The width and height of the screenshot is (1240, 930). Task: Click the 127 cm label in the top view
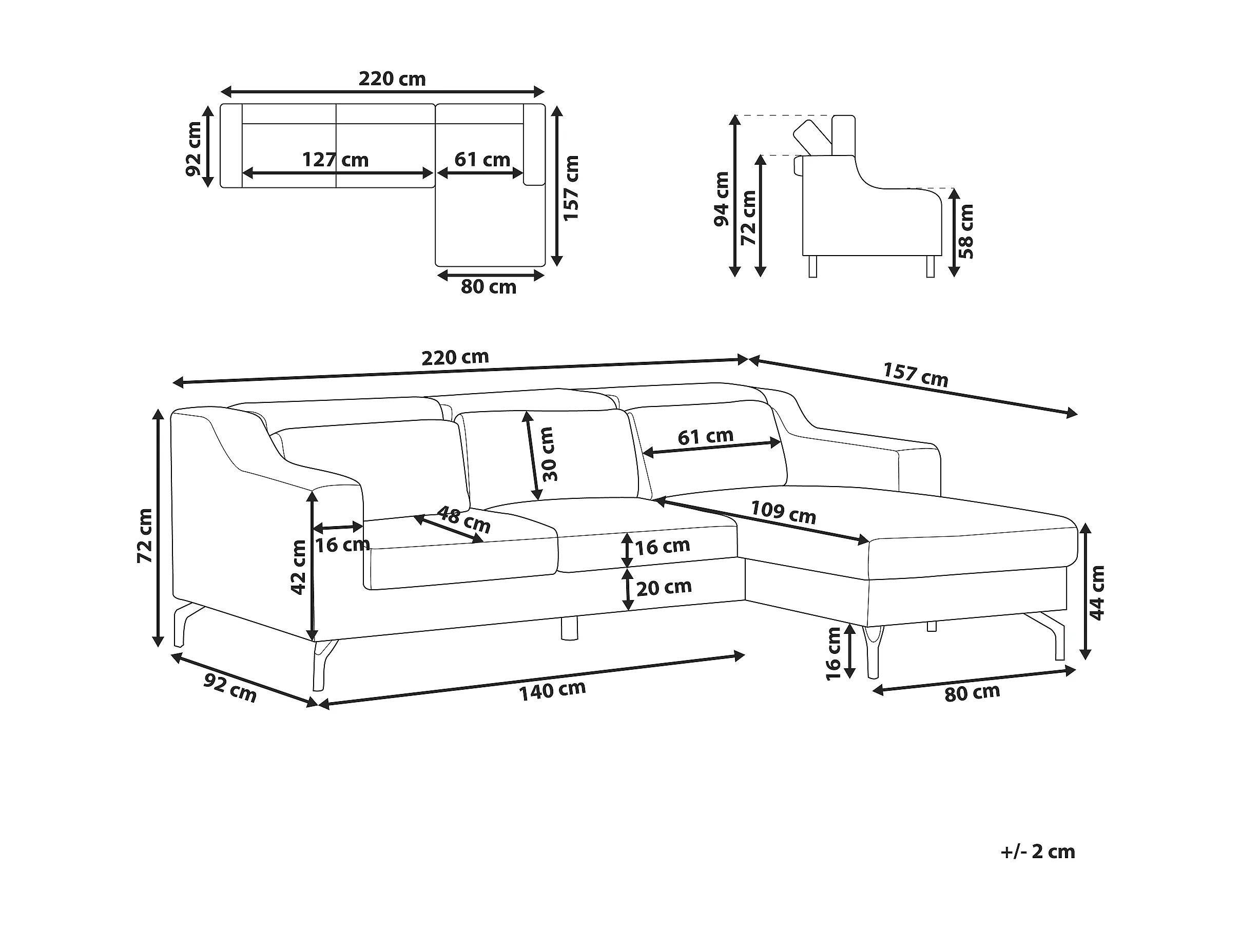pyautogui.click(x=335, y=160)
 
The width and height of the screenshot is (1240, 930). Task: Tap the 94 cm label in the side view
pyautogui.click(x=722, y=200)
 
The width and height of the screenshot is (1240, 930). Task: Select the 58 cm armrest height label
pyautogui.click(x=966, y=231)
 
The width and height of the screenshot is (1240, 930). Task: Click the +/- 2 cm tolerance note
pyautogui.click(x=1038, y=852)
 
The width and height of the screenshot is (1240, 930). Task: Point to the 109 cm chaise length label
pyautogui.click(x=783, y=512)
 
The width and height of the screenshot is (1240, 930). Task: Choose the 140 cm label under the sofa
pyautogui.click(x=552, y=691)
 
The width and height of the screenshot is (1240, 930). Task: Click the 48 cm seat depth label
pyautogui.click(x=463, y=519)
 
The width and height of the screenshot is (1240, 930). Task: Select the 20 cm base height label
pyautogui.click(x=664, y=587)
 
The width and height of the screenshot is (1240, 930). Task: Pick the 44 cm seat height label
pyautogui.click(x=1096, y=593)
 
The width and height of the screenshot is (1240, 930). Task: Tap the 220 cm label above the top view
pyautogui.click(x=392, y=79)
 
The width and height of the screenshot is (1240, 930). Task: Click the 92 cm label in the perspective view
pyautogui.click(x=230, y=688)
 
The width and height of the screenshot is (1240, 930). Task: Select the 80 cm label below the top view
pyautogui.click(x=488, y=287)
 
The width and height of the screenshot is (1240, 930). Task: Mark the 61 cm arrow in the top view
pyautogui.click(x=480, y=173)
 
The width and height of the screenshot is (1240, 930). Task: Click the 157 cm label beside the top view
pyautogui.click(x=571, y=188)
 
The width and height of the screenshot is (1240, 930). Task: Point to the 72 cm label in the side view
pyautogui.click(x=748, y=218)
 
